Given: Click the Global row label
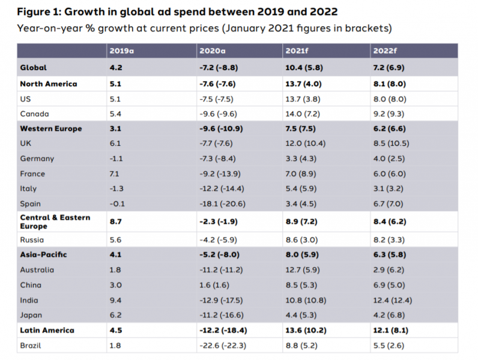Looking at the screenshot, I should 34,68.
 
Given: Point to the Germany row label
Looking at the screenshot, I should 37,158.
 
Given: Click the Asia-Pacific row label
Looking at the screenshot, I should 43,254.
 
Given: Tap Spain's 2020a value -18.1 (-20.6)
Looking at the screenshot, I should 222,203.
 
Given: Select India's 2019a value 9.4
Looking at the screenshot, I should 116,299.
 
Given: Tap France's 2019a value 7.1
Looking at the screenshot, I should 115,173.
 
